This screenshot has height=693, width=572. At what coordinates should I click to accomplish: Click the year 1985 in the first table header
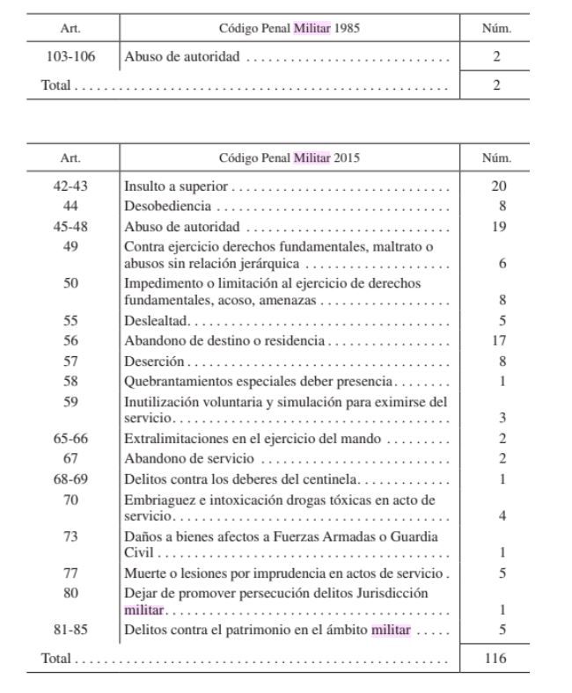348,28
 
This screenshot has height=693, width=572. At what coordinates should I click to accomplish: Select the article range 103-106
70,57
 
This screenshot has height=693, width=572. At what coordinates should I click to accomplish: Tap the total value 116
496,658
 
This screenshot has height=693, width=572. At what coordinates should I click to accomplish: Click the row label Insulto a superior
177,186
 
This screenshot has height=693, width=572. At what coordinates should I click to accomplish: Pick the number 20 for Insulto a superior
498,186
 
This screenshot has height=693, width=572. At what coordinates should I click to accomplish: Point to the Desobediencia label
168,207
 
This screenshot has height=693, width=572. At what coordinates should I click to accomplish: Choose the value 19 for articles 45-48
498,226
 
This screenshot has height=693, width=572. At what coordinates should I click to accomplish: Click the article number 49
70,246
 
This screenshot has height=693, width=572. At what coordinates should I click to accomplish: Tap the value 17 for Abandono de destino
498,340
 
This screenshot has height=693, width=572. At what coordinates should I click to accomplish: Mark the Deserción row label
154,361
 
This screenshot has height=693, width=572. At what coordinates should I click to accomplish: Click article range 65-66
70,438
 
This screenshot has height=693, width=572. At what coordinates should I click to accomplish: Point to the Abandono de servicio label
189,458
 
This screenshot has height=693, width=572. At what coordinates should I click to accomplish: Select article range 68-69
70,478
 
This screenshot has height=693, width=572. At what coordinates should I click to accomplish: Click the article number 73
70,536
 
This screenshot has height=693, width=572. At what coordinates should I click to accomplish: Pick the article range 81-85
70,629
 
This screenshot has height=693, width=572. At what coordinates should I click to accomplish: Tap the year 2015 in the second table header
347,158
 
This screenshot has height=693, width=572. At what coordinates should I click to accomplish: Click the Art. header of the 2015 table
70,158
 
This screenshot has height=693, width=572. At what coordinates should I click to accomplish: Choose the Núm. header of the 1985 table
498,28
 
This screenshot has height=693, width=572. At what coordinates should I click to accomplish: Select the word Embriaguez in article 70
156,500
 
